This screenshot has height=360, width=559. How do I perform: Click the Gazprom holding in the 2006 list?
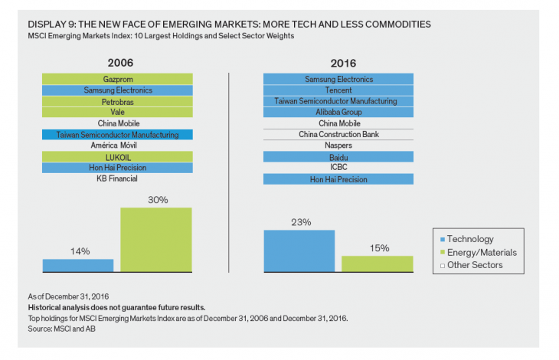pos(117,79)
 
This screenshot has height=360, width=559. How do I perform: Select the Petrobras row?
pos(117,101)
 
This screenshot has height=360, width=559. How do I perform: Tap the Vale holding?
pos(117,112)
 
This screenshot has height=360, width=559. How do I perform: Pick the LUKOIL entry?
pos(117,157)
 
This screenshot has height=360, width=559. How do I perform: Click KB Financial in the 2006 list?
pos(117,179)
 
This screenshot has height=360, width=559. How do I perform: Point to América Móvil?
pos(117,146)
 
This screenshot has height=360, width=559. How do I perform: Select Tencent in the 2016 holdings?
pos(338,90)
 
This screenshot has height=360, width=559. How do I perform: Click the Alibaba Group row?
pos(338,112)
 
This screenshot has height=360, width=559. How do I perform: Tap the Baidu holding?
pos(338,157)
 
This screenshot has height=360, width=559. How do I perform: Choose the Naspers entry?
pos(338,146)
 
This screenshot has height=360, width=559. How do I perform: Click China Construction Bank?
pos(338,134)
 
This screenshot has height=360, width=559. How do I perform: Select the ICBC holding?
pos(338,168)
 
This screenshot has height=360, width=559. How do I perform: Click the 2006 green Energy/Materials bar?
pos(156,239)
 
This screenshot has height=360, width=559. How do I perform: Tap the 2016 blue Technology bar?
pos(299,251)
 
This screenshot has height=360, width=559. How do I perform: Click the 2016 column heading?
pos(338,64)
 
